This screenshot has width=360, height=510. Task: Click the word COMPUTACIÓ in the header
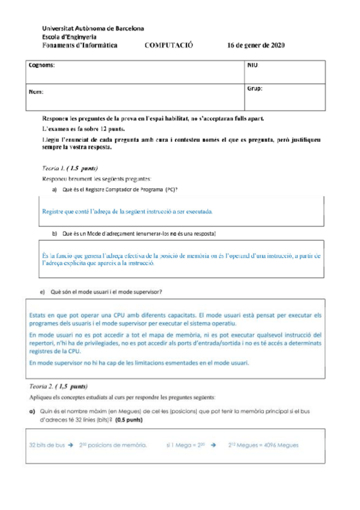click(169, 45)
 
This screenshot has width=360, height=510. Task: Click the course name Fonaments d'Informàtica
click(80, 45)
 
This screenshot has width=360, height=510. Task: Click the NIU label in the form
click(252, 64)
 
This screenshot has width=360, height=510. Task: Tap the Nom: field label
click(37, 92)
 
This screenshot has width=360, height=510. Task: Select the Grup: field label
click(255, 88)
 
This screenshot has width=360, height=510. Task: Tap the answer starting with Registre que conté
click(127, 212)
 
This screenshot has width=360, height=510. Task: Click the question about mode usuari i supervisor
click(105, 292)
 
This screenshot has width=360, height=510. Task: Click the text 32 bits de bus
click(47, 445)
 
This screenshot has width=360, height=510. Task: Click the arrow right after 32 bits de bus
click(70, 445)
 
